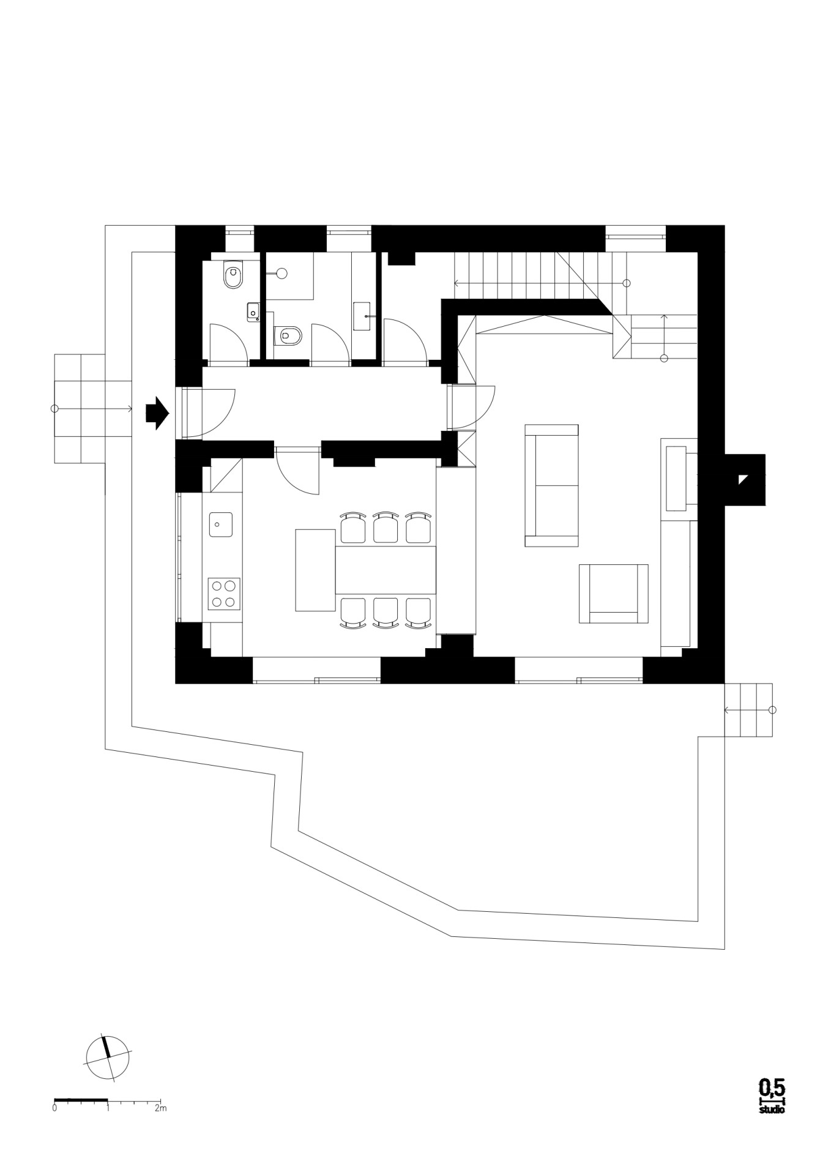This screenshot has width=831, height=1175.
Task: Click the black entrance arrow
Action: pos(157,413)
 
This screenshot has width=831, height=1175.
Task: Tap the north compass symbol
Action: pos(108,1058)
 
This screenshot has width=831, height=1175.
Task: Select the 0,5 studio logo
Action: pos(772,1096)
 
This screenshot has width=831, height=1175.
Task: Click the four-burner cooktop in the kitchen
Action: pos(223,594)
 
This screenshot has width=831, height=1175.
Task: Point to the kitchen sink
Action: pos(221,524)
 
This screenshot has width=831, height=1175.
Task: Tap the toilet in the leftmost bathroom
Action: pos(233,275)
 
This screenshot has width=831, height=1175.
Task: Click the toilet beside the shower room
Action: pos(288,335)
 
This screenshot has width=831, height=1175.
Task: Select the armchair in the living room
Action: pos(613,594)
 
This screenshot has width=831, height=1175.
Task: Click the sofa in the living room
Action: pos(551,485)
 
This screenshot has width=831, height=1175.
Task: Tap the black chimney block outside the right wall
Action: pos(745,480)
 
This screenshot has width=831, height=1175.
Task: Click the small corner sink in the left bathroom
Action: pos(253,312)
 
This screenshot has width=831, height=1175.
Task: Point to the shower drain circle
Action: pos(282,274)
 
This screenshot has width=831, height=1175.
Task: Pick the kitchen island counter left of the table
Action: pos(315,570)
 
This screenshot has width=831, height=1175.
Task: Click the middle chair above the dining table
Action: pos(386,528)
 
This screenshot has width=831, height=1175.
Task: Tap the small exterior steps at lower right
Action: pos(748,710)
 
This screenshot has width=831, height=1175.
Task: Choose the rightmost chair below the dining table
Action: pos(418,613)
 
